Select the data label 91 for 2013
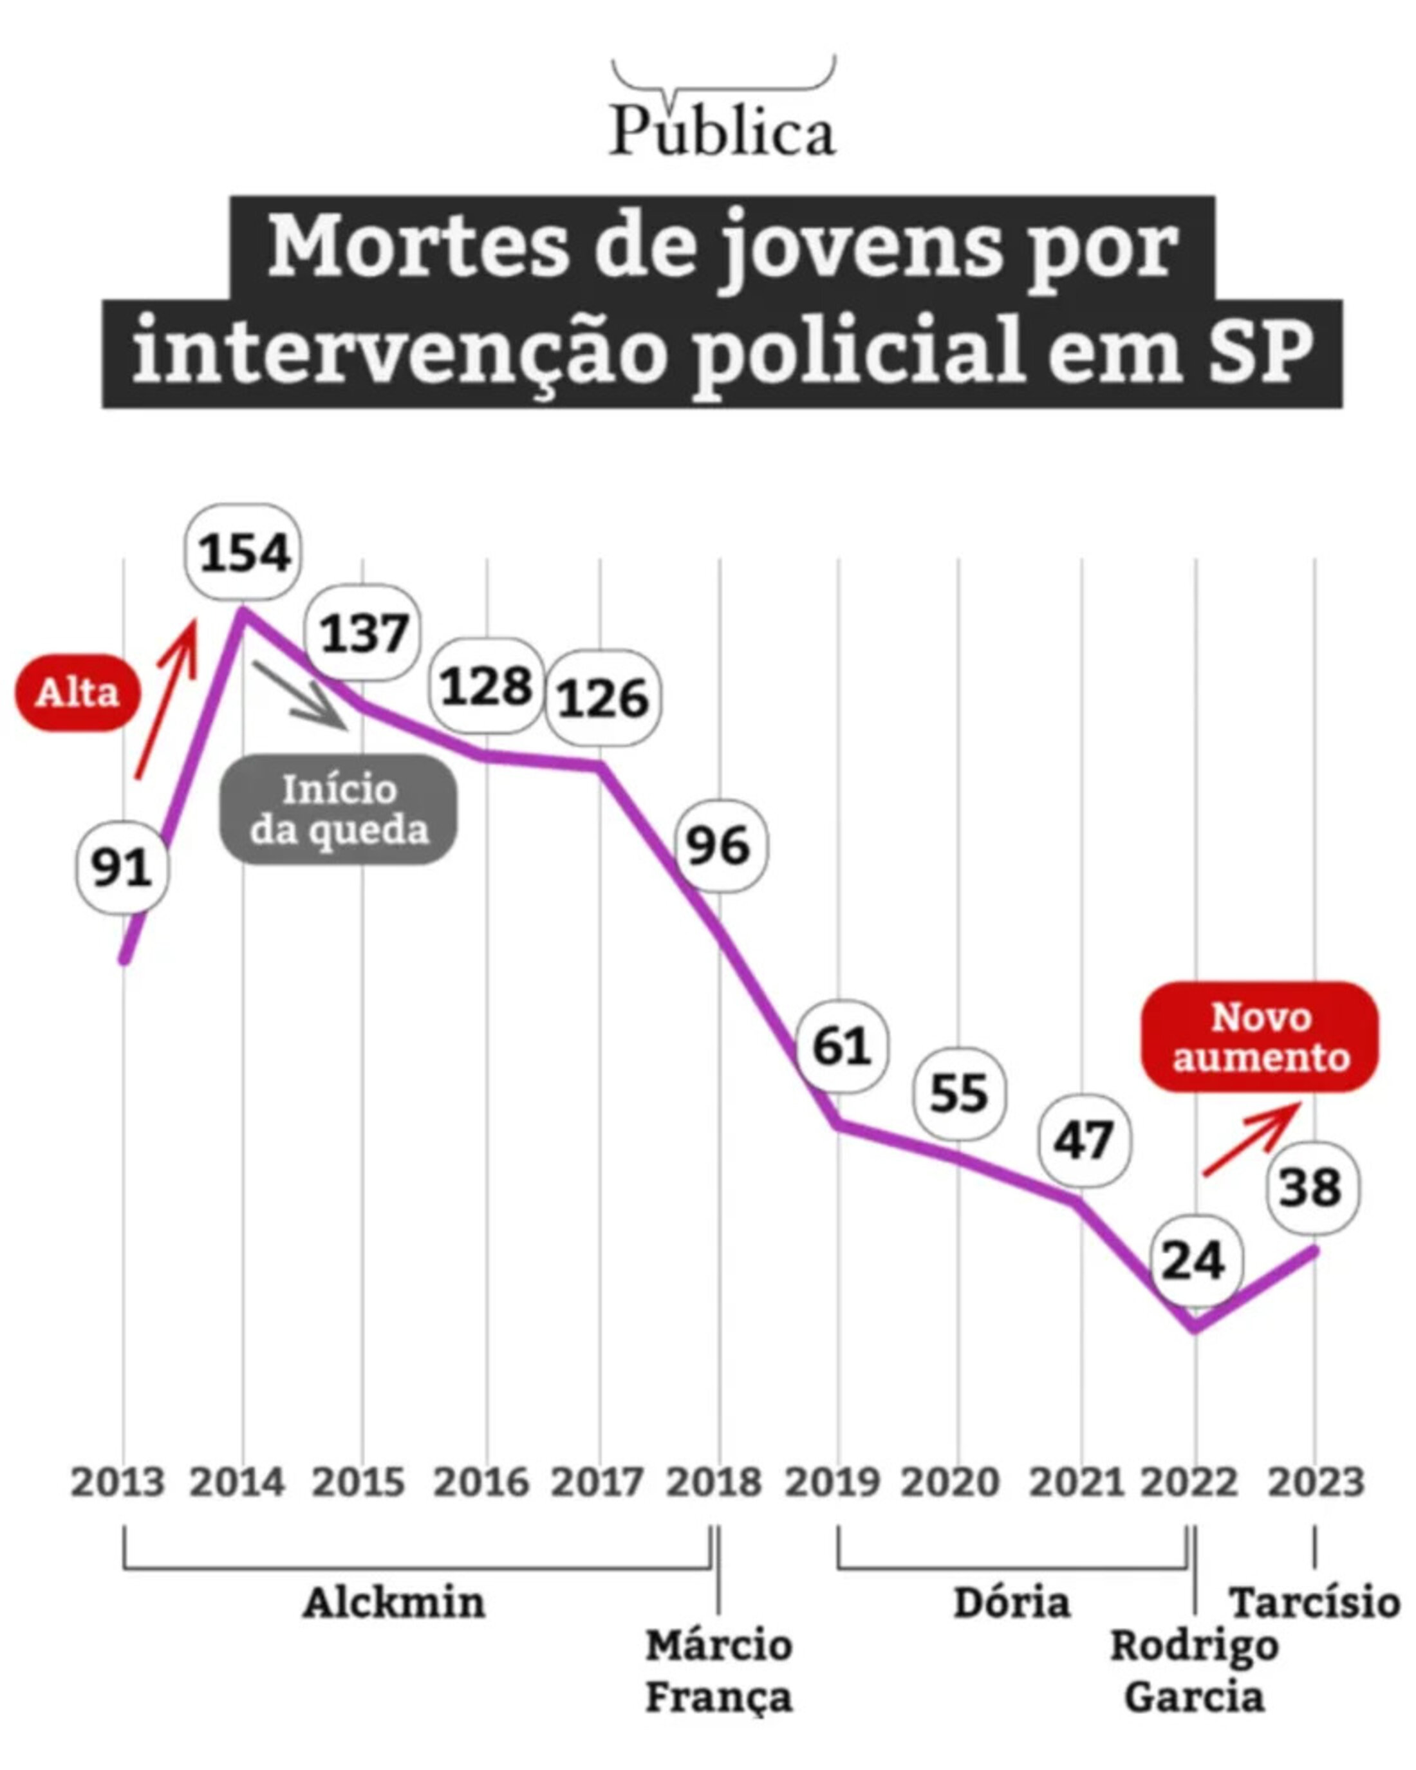click(122, 868)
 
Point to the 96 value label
click(719, 846)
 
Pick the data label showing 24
click(1195, 1260)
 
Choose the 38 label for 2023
click(1311, 1188)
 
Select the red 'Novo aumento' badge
click(1260, 1037)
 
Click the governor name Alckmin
click(394, 1603)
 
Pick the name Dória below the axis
click(1012, 1603)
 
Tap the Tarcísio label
click(1314, 1603)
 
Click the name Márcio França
click(719, 1671)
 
